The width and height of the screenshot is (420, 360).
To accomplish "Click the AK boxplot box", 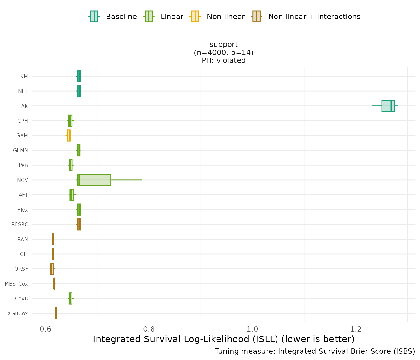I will (x=388, y=106).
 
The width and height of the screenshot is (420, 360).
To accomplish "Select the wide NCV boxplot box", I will (x=94, y=180).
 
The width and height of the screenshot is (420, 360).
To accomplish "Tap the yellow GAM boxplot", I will (x=69, y=135).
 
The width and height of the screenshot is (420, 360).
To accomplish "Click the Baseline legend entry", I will (x=113, y=17).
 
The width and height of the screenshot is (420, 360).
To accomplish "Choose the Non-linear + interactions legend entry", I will (x=306, y=17).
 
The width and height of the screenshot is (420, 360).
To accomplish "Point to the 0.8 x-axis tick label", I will (x=149, y=329).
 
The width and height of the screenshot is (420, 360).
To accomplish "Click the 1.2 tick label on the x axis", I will (x=356, y=329).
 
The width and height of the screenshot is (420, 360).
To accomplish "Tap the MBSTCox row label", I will (x=16, y=284).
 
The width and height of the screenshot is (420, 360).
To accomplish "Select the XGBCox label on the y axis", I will (x=18, y=313).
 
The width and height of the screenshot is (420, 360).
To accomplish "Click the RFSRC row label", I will (x=20, y=224).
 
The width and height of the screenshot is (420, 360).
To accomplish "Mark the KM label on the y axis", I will (x=24, y=76).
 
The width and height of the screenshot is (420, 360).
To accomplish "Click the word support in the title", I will (x=224, y=44).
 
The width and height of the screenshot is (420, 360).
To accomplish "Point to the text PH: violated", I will (x=224, y=60).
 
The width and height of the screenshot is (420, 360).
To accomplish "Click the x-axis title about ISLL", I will (x=224, y=339).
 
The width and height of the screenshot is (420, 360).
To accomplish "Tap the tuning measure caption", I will (x=315, y=351).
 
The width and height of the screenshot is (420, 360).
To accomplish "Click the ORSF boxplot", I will (x=52, y=269).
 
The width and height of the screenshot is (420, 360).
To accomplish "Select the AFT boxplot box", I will (x=72, y=195).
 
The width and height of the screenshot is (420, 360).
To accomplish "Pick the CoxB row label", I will (x=22, y=299).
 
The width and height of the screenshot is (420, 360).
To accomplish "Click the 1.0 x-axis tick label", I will (x=252, y=329).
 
